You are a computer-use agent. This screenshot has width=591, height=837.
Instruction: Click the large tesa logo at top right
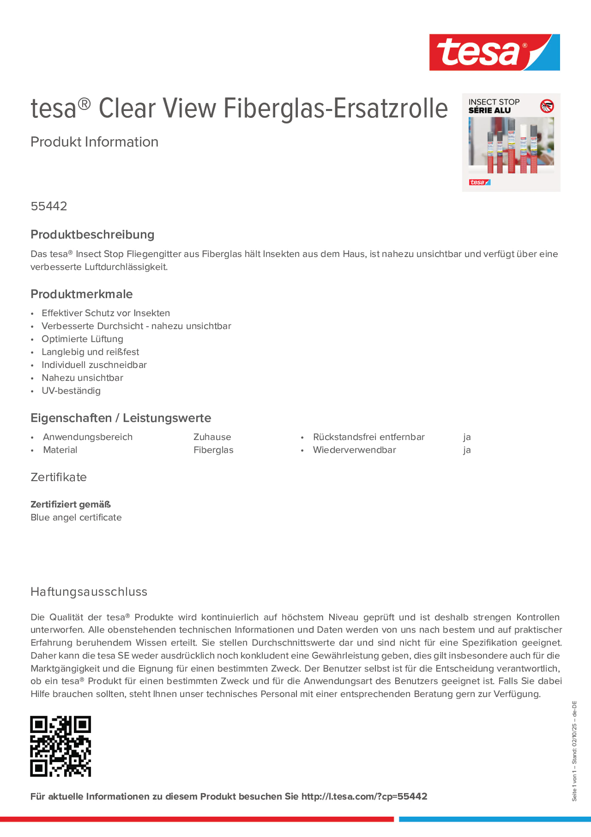[494, 53]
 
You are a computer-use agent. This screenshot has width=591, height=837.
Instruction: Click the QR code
[60, 746]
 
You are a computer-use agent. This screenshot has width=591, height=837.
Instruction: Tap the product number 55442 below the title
[49, 206]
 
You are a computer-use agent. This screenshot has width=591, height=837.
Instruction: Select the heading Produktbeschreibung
[92, 234]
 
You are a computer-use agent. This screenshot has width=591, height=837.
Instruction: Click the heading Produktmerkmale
[82, 294]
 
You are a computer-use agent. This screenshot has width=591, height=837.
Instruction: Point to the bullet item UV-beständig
[71, 391]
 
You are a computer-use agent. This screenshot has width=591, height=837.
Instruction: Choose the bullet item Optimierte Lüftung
[82, 339]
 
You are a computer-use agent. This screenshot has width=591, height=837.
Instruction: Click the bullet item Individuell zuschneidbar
[94, 365]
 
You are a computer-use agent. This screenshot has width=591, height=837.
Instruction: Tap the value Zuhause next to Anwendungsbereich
[212, 437]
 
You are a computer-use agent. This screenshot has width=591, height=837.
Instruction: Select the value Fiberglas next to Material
[214, 450]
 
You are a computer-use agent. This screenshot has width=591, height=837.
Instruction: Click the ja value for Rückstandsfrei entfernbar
[467, 437]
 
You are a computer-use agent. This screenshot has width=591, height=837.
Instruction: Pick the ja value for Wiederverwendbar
[467, 450]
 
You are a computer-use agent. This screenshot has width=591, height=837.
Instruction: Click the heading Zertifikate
[59, 477]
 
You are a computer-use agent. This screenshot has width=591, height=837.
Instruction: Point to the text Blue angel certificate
[76, 517]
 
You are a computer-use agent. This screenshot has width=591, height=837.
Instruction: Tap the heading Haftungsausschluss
[89, 592]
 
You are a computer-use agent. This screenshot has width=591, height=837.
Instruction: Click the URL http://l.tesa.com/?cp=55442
[364, 797]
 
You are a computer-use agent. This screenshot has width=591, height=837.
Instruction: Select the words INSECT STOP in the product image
[494, 102]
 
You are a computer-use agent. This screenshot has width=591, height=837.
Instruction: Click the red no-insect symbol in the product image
[547, 106]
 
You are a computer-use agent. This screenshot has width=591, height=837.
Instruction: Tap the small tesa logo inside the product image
[479, 182]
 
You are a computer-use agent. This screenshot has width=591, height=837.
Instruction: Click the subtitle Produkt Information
[94, 142]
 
